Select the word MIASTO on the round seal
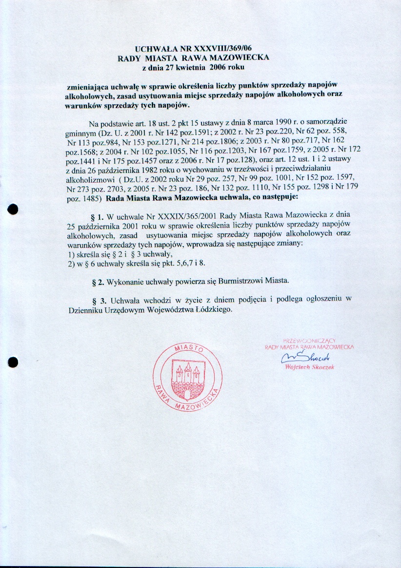pyautogui.click(x=188, y=349)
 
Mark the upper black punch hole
pyautogui.click(x=13, y=208)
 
